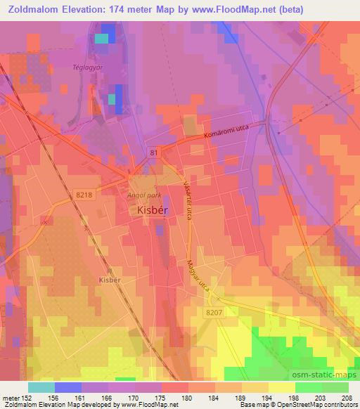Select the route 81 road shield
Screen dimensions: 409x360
[x=154, y=152]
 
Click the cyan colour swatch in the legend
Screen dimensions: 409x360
[x=41, y=387]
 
